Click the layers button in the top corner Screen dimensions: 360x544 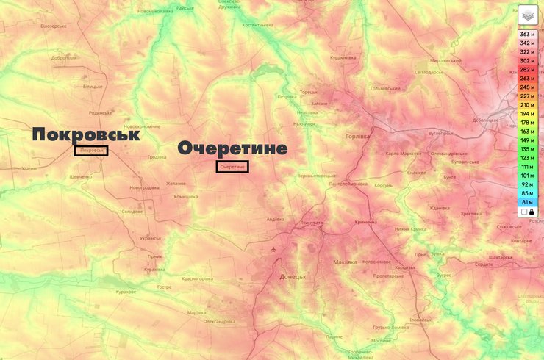(527, 15)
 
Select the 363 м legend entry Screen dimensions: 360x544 (526, 35)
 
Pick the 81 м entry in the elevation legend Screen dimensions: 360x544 (526, 202)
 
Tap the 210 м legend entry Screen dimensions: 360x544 (526, 105)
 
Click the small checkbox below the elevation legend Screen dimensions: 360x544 (523, 212)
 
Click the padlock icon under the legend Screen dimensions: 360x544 (531, 212)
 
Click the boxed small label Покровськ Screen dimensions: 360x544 (91, 151)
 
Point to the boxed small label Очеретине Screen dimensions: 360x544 (232, 167)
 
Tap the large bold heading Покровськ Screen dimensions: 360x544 (85, 134)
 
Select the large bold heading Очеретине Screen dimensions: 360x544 (232, 148)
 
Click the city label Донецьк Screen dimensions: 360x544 (293, 277)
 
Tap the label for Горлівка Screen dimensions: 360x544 (358, 137)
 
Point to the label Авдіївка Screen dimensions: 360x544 (274, 219)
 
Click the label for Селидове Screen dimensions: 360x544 (132, 211)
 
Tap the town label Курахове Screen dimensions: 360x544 (125, 292)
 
